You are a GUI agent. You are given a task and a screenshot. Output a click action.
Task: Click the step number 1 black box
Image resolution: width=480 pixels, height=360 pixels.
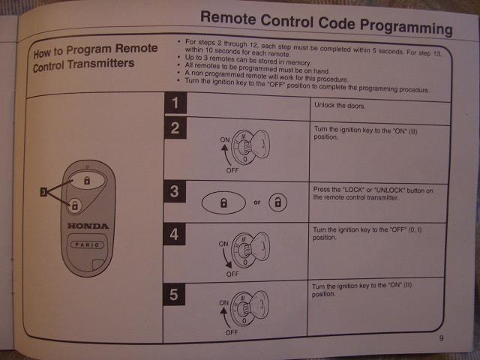click(x=175, y=103)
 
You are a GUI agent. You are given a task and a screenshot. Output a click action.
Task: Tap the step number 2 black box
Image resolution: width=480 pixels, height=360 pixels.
click(x=175, y=127)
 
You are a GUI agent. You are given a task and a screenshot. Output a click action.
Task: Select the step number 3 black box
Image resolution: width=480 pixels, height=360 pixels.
click(x=175, y=191)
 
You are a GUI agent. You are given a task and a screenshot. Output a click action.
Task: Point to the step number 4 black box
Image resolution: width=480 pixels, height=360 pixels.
click(x=174, y=234)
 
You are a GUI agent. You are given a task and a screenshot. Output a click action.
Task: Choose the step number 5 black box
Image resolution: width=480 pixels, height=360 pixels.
click(x=174, y=295)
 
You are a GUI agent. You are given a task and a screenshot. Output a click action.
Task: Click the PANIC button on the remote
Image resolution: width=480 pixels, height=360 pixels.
click(x=88, y=244)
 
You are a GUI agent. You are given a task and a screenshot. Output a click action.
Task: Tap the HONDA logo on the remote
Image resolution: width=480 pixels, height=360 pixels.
click(x=88, y=226)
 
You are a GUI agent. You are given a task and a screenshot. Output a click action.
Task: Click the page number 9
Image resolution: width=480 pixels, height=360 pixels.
click(x=441, y=338)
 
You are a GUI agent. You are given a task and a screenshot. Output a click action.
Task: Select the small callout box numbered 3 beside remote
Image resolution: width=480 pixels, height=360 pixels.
click(x=43, y=192)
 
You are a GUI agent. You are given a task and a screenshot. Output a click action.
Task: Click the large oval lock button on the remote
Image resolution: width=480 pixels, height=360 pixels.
click(x=87, y=180)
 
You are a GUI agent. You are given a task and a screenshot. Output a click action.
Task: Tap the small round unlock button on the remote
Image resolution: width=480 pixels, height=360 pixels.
click(x=75, y=205)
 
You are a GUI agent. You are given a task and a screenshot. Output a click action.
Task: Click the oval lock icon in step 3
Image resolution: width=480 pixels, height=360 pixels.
click(x=223, y=202)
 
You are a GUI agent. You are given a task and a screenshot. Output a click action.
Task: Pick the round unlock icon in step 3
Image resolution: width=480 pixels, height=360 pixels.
click(x=278, y=202)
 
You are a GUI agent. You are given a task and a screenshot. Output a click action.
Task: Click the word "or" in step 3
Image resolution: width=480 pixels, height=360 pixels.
click(x=256, y=202)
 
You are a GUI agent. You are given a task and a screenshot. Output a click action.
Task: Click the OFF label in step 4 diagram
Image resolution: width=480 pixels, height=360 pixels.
click(x=232, y=274)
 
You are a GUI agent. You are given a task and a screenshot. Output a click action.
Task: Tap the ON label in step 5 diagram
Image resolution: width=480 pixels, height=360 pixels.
click(x=223, y=302)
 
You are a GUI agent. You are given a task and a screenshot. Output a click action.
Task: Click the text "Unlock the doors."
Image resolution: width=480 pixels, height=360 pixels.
click(x=340, y=106)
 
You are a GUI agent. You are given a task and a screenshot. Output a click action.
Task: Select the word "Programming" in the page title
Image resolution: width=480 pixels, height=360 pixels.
click(x=406, y=27)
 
